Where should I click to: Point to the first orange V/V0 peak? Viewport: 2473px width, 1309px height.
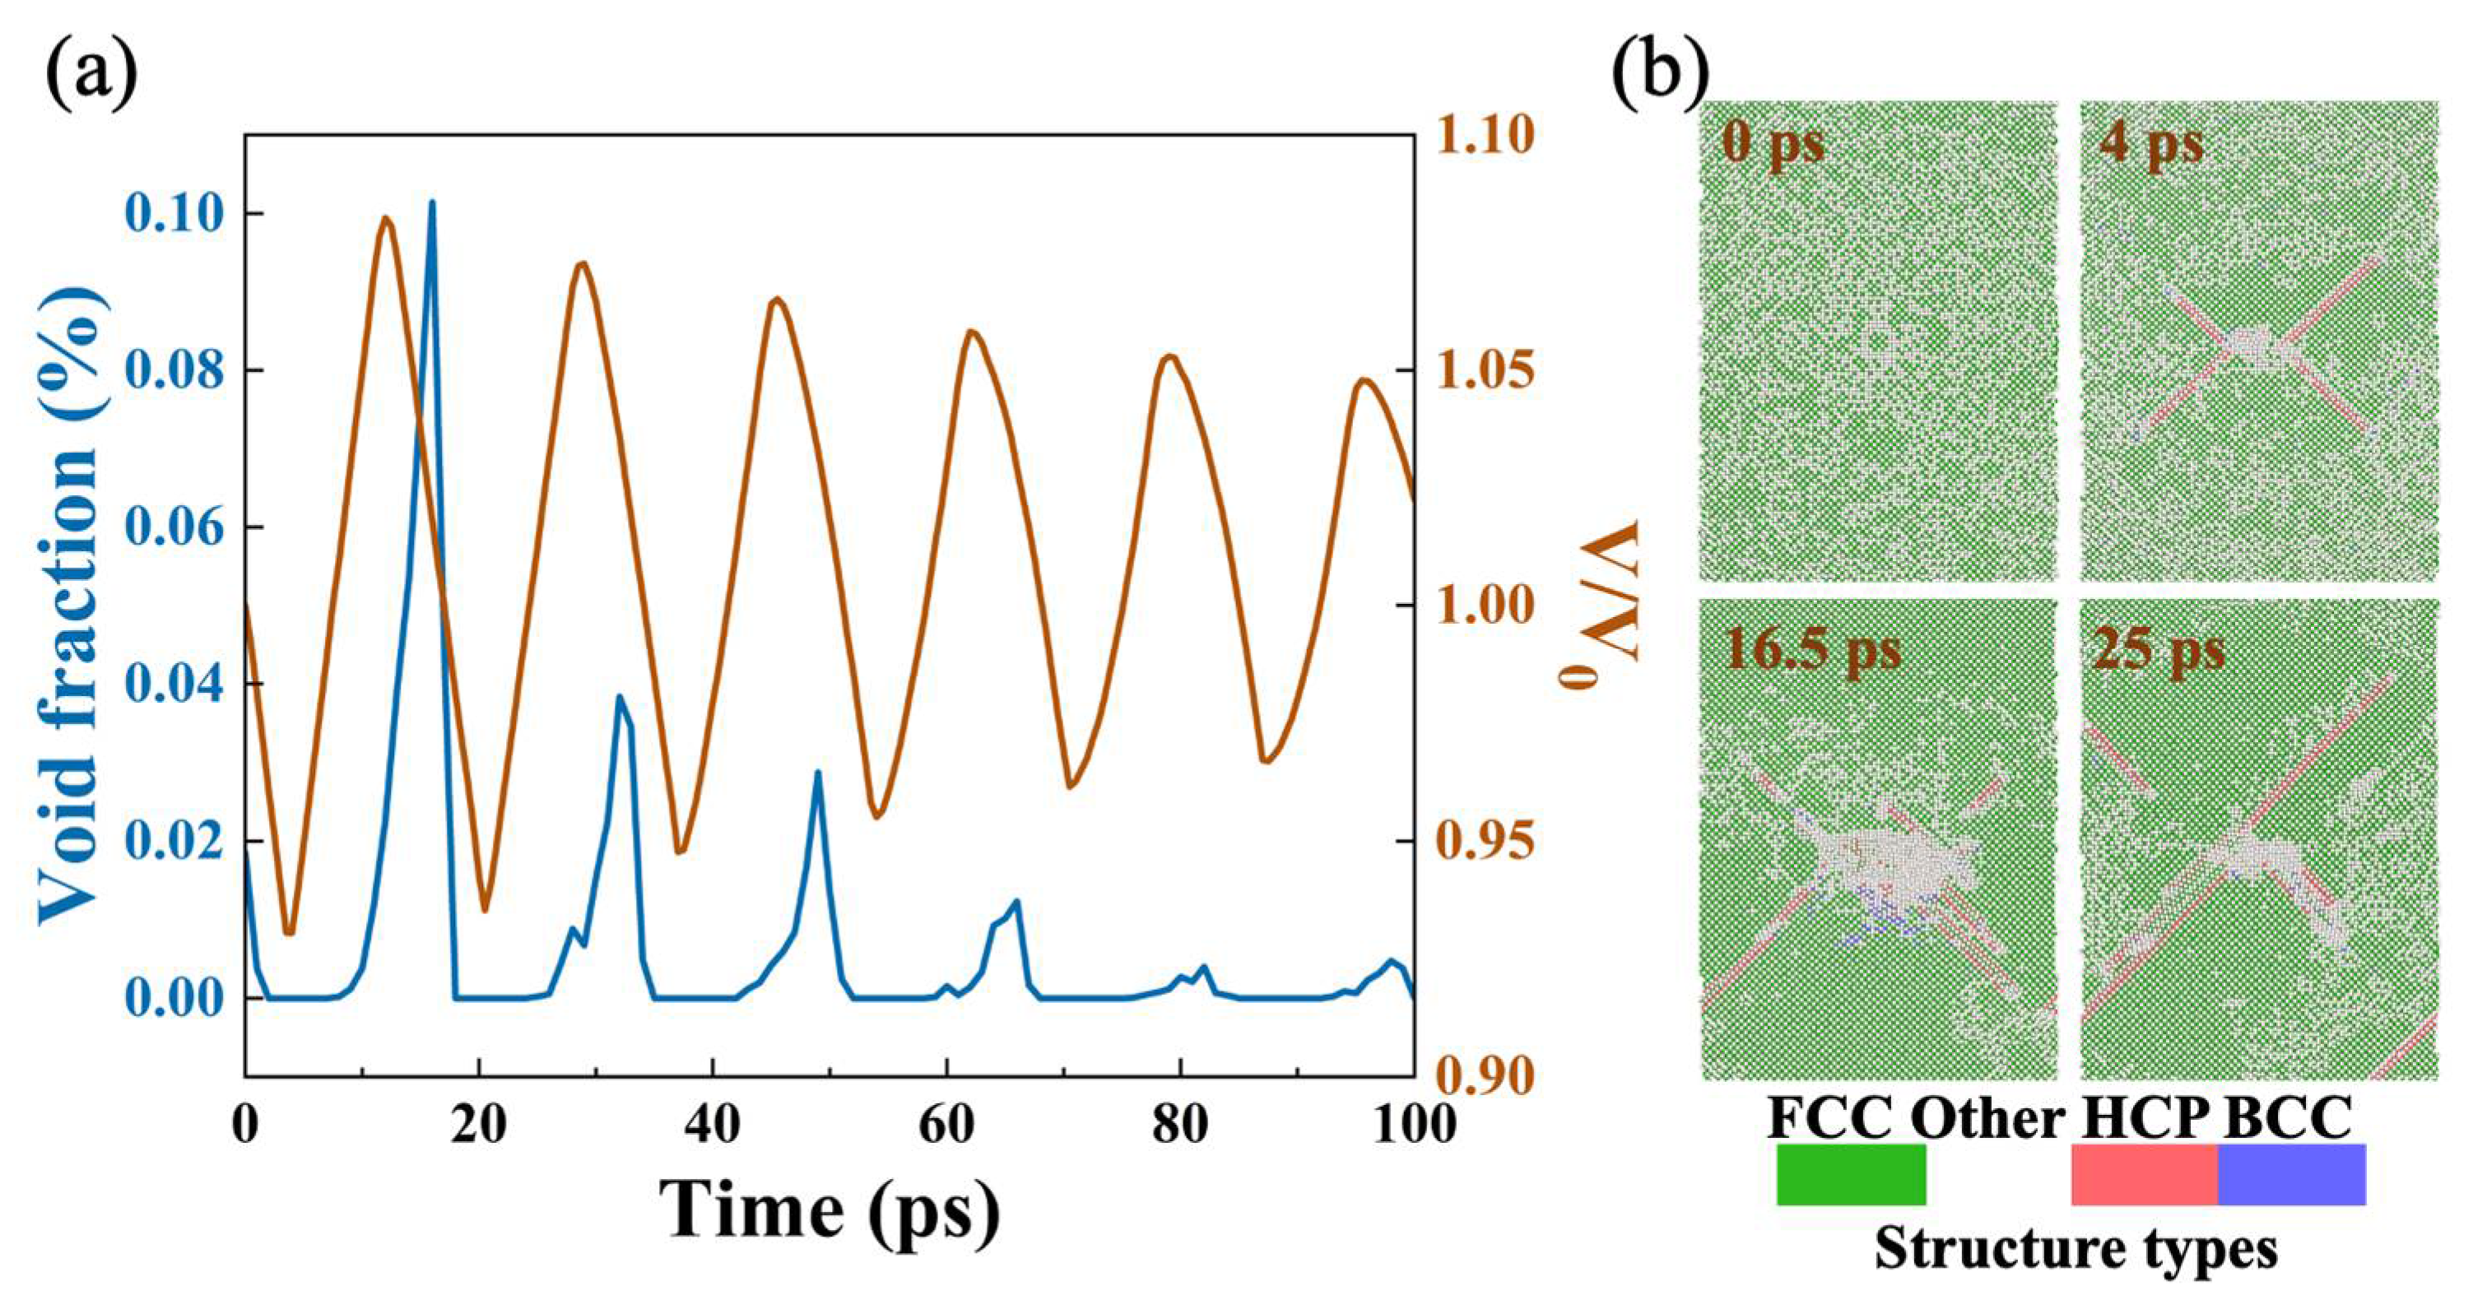tap(385, 219)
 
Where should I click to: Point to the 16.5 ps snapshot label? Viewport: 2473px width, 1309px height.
tap(1812, 650)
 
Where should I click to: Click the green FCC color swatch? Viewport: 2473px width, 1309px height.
tap(1850, 1174)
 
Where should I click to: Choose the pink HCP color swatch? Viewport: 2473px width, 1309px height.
tap(2144, 1174)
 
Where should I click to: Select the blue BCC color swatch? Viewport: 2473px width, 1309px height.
tap(2292, 1174)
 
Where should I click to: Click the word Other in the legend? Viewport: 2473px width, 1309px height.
tap(1987, 1118)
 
